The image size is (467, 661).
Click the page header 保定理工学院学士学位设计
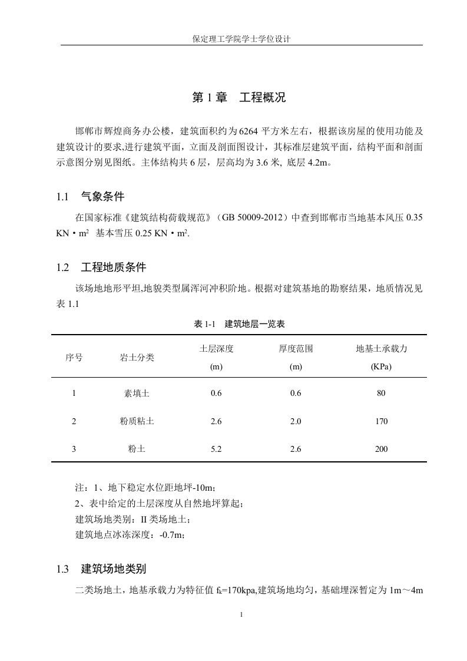pos(242,39)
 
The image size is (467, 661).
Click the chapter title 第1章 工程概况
pos(239,98)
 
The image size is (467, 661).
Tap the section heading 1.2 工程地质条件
pos(101,267)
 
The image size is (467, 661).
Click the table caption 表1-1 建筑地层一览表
pos(240,324)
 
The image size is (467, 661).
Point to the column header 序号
pos(74,357)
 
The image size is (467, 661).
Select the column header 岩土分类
pos(137,357)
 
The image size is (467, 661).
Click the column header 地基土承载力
pos(381,348)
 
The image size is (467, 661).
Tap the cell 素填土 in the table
pos(137,394)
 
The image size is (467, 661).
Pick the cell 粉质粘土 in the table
pos(137,421)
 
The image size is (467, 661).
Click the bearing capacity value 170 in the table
pos(381,421)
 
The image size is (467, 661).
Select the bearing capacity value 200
pos(381,449)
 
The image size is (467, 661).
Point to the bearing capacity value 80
pos(381,394)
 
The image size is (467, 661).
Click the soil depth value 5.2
pos(216,449)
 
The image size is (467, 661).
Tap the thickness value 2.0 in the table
pos(296,421)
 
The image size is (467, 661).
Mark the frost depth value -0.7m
pos(172,534)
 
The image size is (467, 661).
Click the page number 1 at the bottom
pos(241,614)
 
